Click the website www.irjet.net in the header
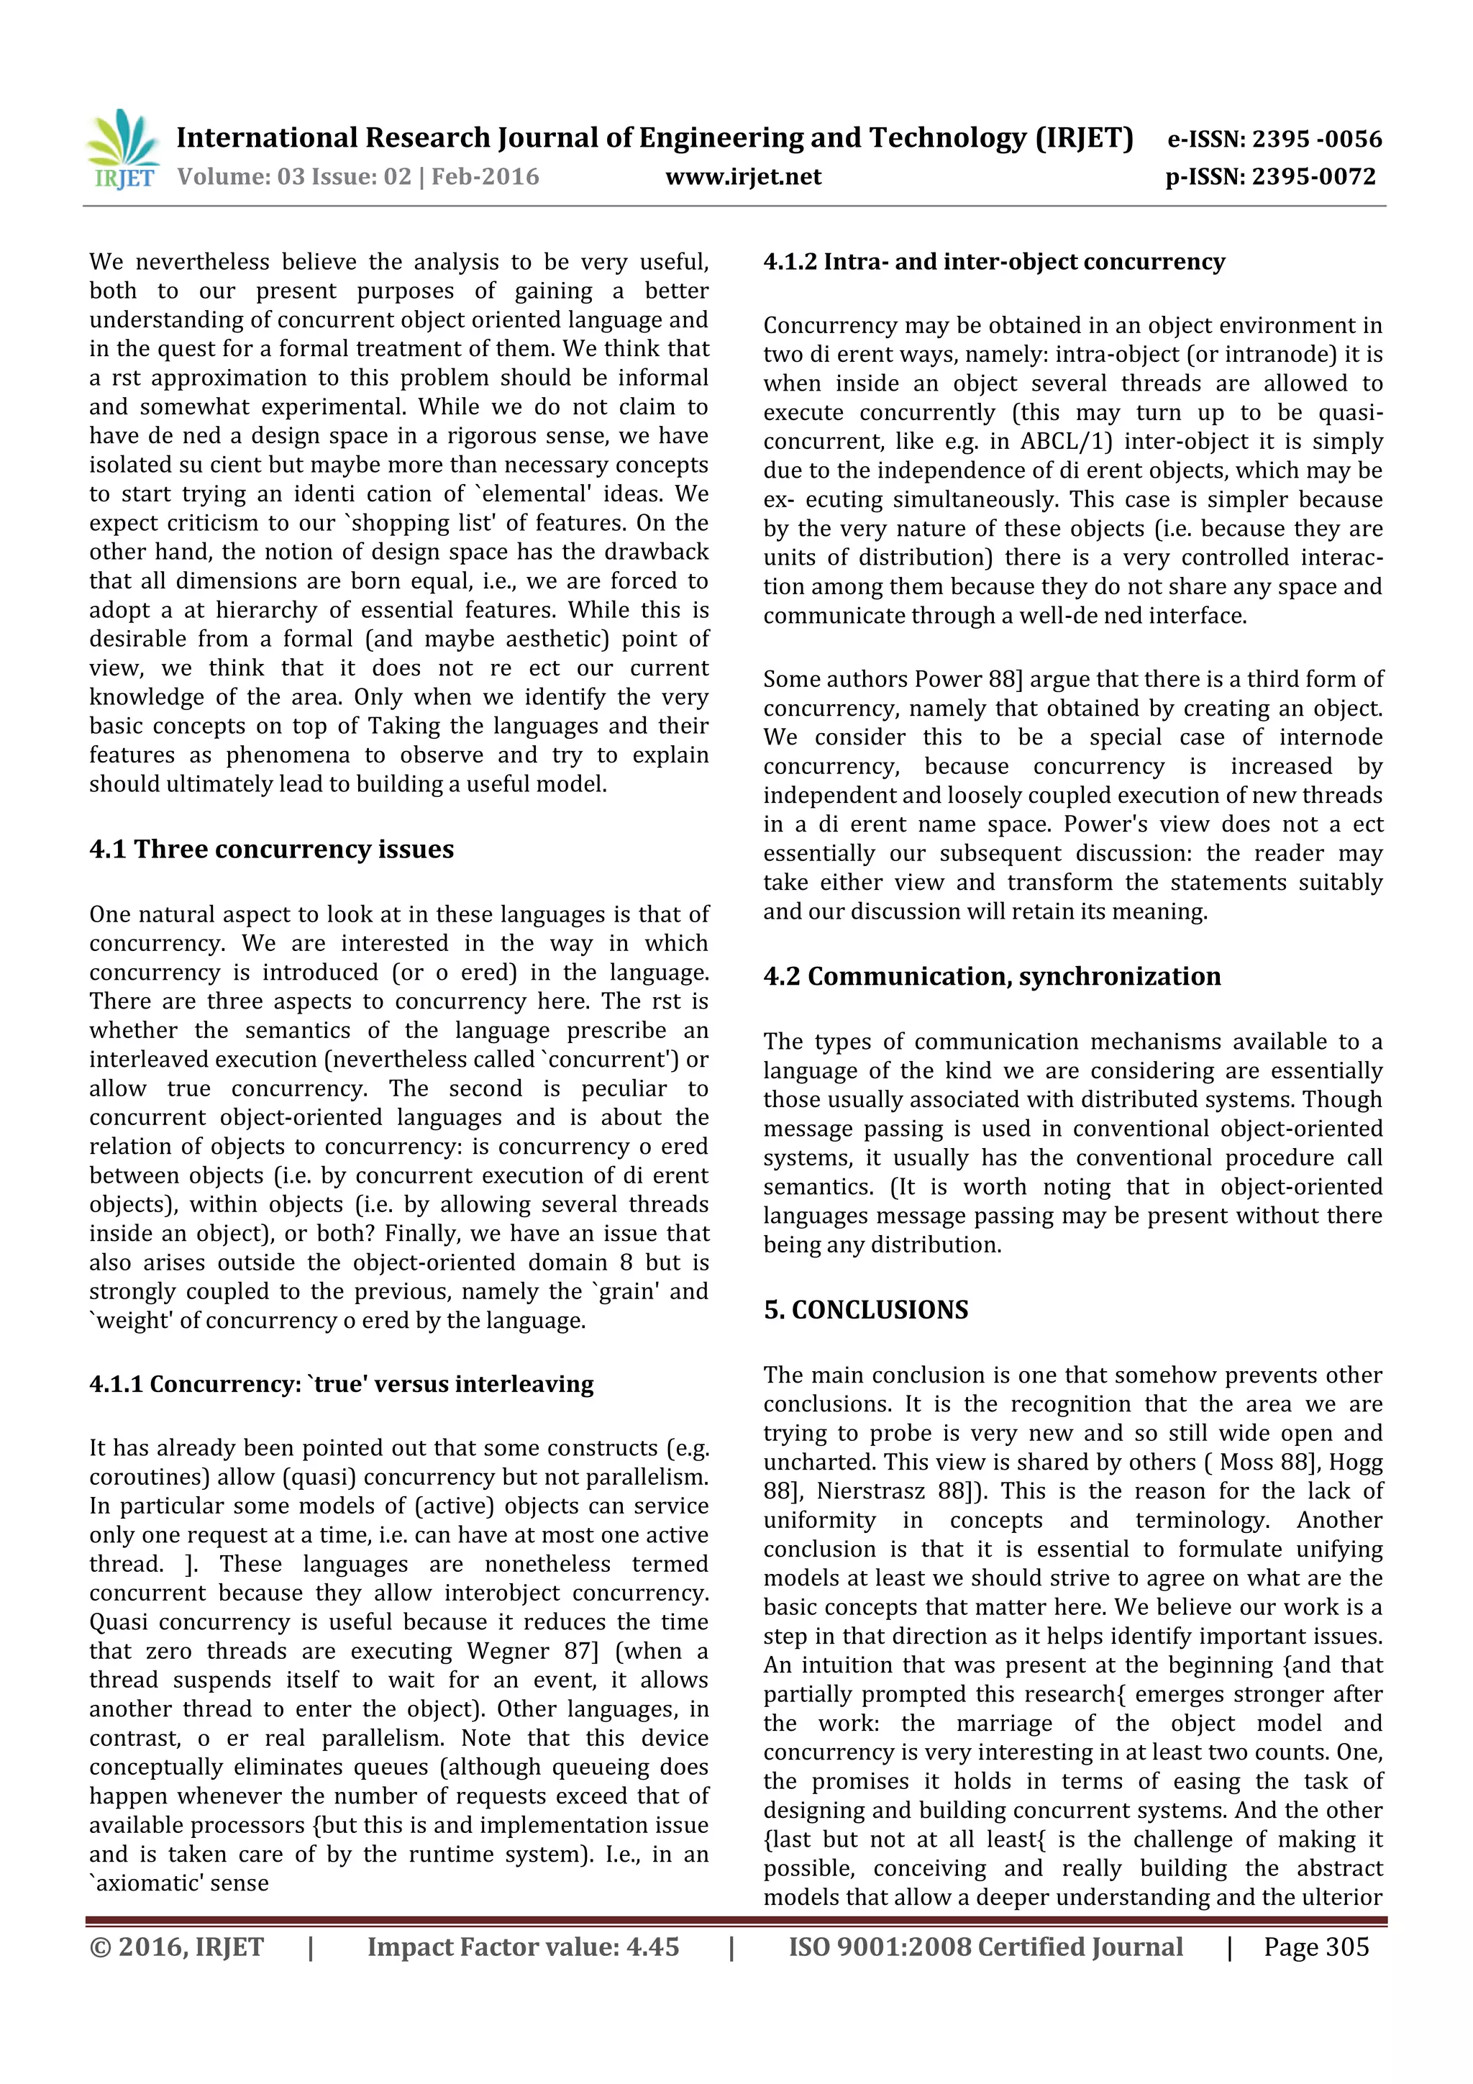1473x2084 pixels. [742, 177]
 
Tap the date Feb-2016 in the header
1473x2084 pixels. [485, 177]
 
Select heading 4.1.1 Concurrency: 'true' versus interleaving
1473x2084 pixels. [341, 1384]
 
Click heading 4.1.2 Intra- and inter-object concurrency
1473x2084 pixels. [994, 263]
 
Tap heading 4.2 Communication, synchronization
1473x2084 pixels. [992, 977]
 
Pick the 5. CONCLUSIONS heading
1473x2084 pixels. [866, 1310]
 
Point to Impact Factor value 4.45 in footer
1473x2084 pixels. [523, 1947]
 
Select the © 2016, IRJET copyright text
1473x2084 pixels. [177, 1947]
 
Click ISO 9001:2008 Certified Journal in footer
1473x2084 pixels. [985, 1947]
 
